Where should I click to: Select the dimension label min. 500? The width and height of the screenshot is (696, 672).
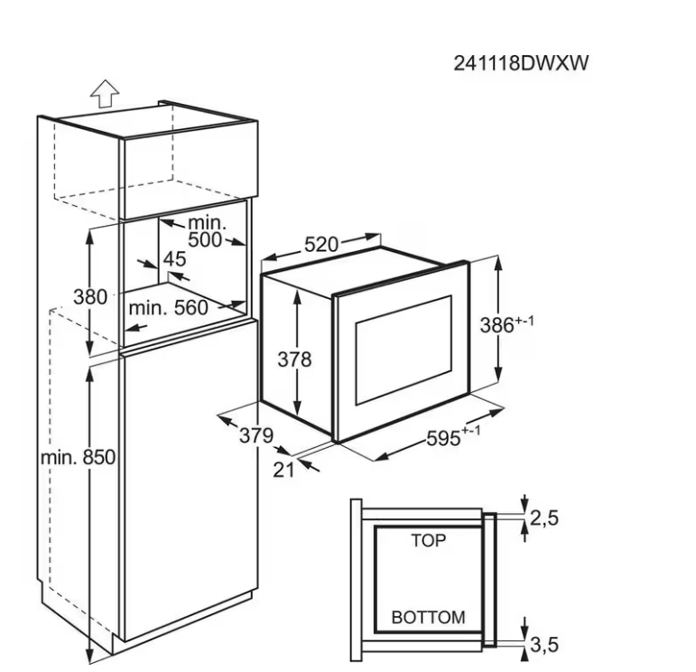209,231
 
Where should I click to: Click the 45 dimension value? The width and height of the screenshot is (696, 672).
174,259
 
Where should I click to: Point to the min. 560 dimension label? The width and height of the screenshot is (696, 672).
168,307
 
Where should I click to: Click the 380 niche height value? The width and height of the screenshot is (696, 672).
90,296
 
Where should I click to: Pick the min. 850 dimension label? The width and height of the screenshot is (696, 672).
79,457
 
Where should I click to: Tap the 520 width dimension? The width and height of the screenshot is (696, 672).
320,245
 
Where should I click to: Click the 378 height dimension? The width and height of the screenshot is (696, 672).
293,359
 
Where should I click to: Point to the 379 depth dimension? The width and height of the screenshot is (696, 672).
256,435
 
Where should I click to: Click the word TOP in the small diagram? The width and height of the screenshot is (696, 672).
429,541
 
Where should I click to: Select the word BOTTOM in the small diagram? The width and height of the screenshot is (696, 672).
429,618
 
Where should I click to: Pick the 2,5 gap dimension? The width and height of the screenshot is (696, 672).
544,518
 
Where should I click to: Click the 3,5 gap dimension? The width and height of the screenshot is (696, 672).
544,644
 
